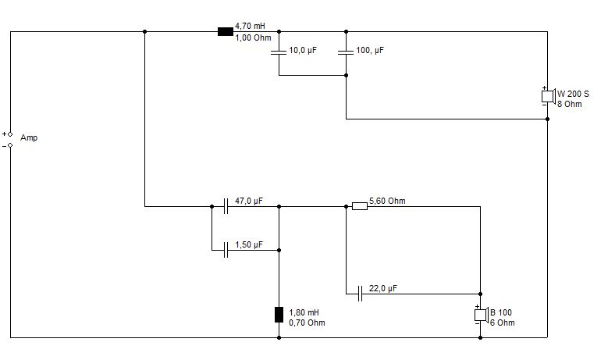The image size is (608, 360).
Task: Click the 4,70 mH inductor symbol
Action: [x=226, y=32]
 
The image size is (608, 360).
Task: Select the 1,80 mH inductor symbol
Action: [x=279, y=315]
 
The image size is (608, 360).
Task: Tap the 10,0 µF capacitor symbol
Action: [x=279, y=52]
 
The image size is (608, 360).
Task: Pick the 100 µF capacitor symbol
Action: [x=346, y=52]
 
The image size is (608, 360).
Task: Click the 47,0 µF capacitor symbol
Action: [x=226, y=206]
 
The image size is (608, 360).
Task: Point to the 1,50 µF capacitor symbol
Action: [x=226, y=250]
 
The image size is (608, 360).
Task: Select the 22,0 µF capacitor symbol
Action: [x=361, y=294]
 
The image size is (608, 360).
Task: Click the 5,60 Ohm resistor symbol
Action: [x=360, y=206]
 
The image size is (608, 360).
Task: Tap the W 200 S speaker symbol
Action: [x=548, y=96]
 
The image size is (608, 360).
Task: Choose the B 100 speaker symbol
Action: [x=482, y=315]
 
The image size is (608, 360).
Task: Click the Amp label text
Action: [x=29, y=138]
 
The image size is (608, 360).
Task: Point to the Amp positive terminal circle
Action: [x=10, y=134]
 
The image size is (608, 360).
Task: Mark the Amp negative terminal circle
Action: [x=10, y=145]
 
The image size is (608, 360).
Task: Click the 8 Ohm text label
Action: [x=570, y=104]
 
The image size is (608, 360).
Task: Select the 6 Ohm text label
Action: [x=503, y=323]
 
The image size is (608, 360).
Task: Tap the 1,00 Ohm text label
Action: [x=253, y=38]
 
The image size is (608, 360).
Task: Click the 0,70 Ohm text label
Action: [x=307, y=323]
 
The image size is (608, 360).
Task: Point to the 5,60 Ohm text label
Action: [x=387, y=201]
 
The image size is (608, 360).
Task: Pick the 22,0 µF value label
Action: [x=383, y=289]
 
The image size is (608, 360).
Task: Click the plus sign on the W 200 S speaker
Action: [x=545, y=88]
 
